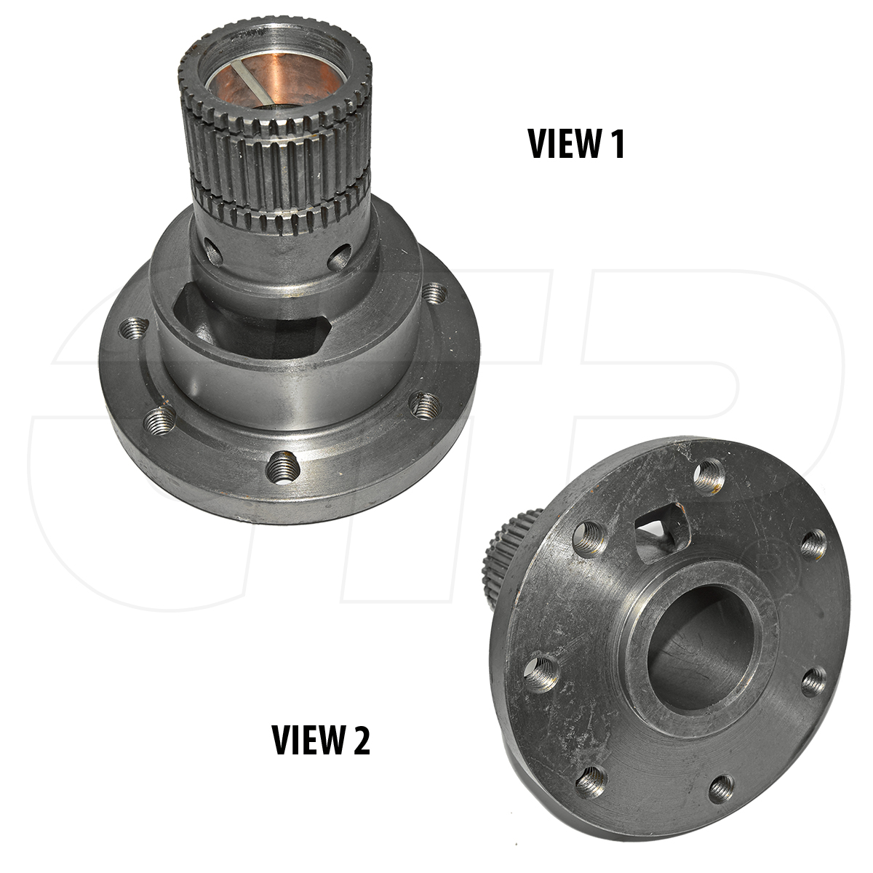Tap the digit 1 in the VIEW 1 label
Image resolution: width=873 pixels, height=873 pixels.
coord(618,143)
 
